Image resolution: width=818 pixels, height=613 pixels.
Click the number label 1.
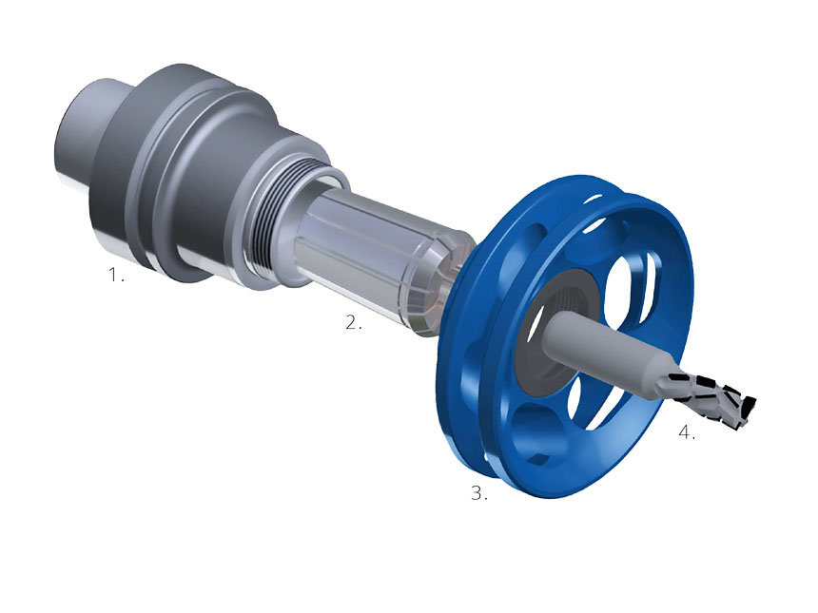tap(114, 277)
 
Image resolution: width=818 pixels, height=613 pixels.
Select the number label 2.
tap(353, 323)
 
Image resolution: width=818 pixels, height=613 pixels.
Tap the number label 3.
tap(478, 493)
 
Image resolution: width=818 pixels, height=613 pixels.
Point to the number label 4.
tap(686, 432)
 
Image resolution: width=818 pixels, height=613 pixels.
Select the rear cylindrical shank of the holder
tap(81, 133)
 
